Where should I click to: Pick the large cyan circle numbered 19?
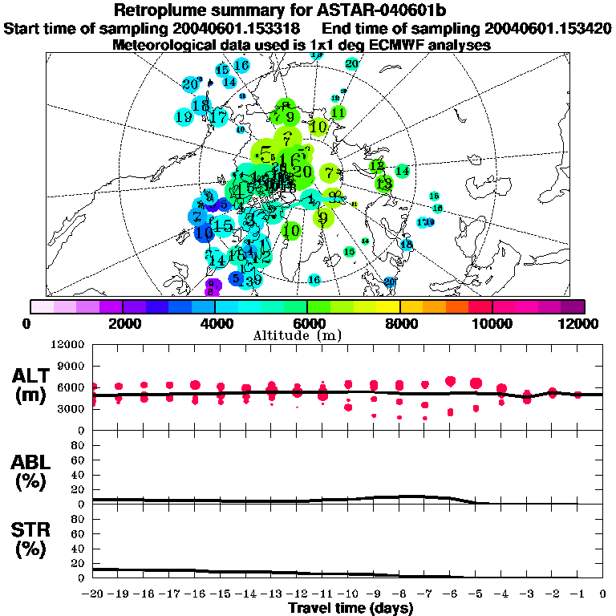coord(183,116)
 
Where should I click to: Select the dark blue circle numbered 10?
coord(204,233)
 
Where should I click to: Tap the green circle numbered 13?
coord(384,184)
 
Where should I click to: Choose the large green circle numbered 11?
coord(338,113)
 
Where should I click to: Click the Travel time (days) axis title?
coord(351,609)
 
